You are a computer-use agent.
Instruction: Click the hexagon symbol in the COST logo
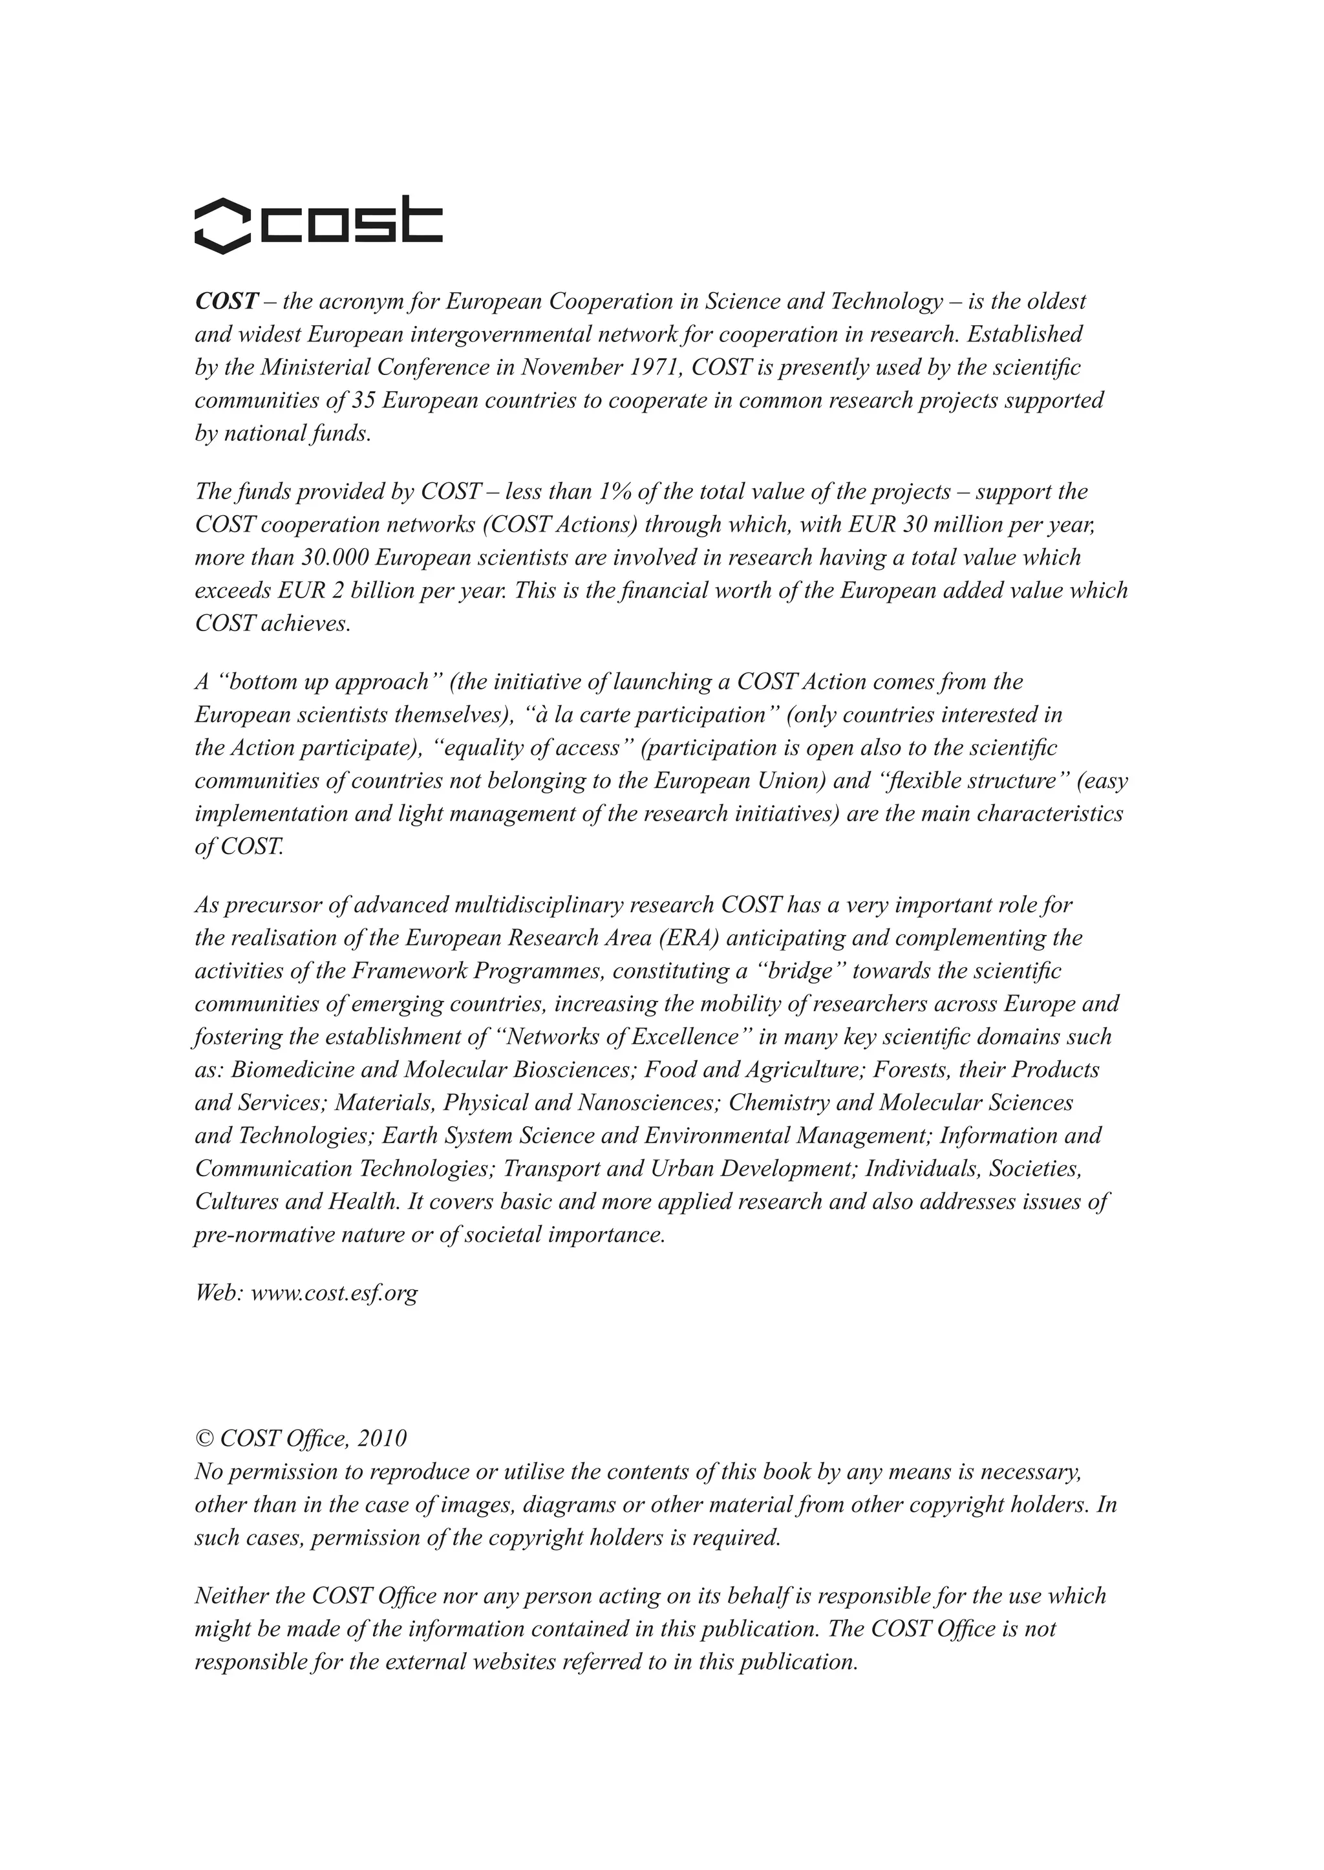click(222, 225)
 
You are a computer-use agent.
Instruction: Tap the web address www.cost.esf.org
click(334, 1293)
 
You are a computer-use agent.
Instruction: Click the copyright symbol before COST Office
click(202, 1439)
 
